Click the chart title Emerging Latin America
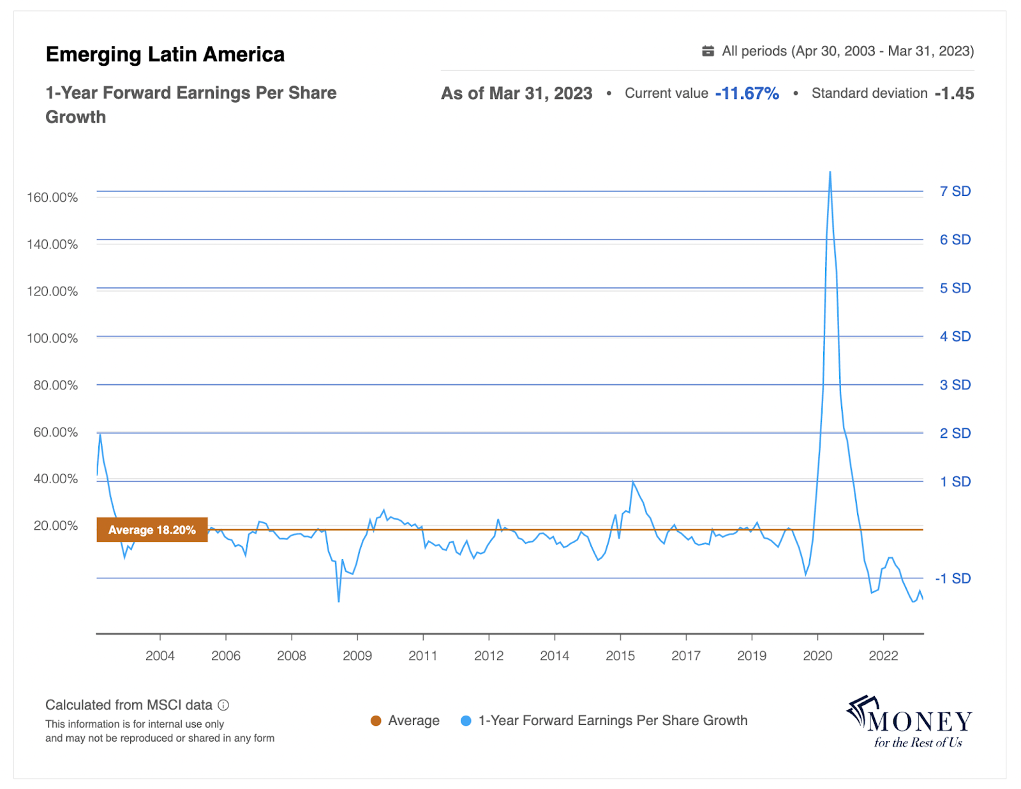pyautogui.click(x=165, y=54)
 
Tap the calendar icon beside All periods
pyautogui.click(x=708, y=51)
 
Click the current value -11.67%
pyautogui.click(x=747, y=93)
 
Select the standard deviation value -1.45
pyautogui.click(x=954, y=93)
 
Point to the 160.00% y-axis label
pyautogui.click(x=52, y=197)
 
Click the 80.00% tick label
pyautogui.click(x=56, y=385)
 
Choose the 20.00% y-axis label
pyautogui.click(x=56, y=525)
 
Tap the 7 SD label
pyautogui.click(x=955, y=191)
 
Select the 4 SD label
pyautogui.click(x=955, y=336)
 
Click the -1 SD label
pyautogui.click(x=953, y=578)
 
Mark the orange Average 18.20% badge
pyautogui.click(x=152, y=530)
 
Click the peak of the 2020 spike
pyautogui.click(x=830, y=172)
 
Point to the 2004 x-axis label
pyautogui.click(x=160, y=656)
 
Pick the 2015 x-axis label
pyautogui.click(x=620, y=656)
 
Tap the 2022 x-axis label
pyautogui.click(x=883, y=656)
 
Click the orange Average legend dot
pyautogui.click(x=376, y=721)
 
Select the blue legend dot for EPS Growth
pyautogui.click(x=466, y=721)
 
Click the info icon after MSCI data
pyautogui.click(x=223, y=705)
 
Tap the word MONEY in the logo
pyautogui.click(x=920, y=721)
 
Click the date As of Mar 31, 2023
pyautogui.click(x=516, y=93)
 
